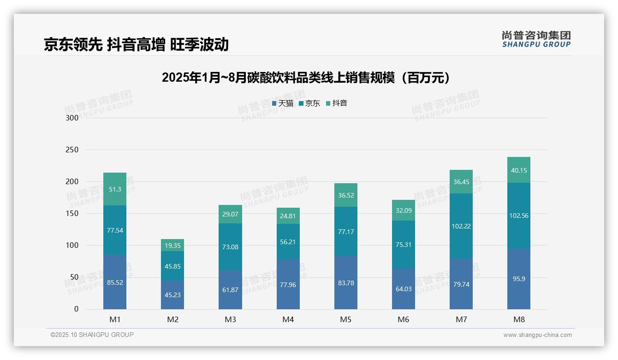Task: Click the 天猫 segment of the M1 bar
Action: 115,282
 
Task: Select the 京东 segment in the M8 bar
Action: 518,216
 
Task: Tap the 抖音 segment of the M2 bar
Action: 172,245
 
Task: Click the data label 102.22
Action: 461,226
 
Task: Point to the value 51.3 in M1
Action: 115,189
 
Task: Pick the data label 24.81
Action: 288,216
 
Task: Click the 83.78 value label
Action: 346,283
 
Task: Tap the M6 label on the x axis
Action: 404,319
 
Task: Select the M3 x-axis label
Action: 230,319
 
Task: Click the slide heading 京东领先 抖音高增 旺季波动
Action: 136,44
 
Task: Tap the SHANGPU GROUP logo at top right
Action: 536,39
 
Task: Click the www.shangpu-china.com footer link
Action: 537,335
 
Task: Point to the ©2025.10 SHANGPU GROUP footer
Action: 92,335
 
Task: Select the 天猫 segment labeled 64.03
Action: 404,289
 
